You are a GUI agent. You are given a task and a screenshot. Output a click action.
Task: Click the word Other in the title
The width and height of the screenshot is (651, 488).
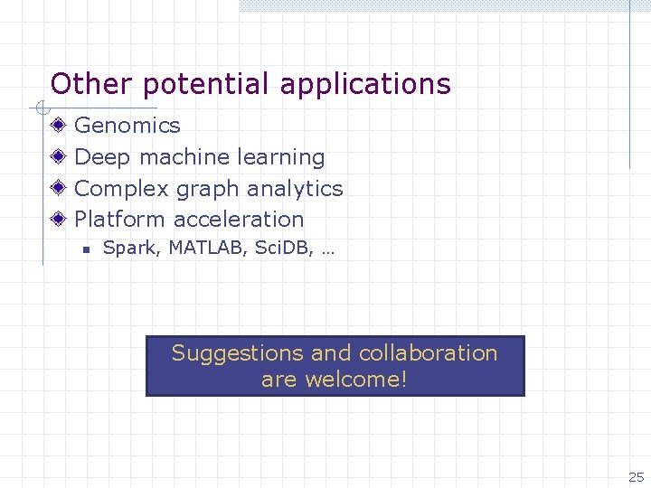click(80, 84)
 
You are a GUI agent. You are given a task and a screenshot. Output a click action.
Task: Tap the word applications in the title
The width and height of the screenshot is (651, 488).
click(365, 85)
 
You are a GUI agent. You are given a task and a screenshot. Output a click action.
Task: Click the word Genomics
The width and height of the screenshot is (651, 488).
click(127, 126)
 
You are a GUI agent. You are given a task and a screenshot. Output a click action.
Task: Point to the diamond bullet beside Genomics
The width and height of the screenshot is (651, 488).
click(59, 126)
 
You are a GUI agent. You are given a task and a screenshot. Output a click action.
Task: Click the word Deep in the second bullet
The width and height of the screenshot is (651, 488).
click(102, 157)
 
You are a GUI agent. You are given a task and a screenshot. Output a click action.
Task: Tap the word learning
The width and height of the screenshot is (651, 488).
click(281, 157)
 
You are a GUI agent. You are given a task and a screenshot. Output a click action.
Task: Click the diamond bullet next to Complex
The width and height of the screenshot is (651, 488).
click(59, 188)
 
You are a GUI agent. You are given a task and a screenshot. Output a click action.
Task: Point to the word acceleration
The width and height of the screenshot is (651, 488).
click(239, 220)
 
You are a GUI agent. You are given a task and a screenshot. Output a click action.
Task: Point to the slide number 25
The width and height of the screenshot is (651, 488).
click(637, 477)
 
